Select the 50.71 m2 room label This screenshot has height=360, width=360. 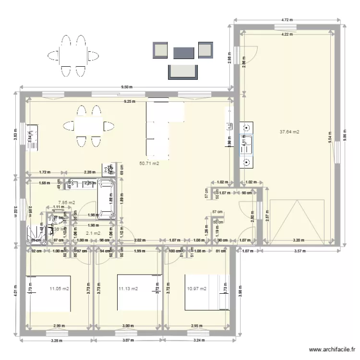pos(149,163)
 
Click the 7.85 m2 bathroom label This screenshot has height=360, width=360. pos(66,203)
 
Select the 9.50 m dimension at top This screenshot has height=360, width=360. pos(126,87)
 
